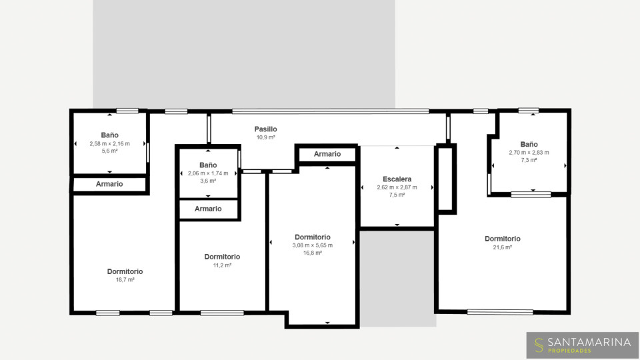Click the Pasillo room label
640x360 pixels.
click(265, 129)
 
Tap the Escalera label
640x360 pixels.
click(397, 179)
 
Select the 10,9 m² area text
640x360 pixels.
click(265, 137)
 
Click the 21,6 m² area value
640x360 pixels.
click(502, 247)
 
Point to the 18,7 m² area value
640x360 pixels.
click(125, 280)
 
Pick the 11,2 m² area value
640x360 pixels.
click(222, 265)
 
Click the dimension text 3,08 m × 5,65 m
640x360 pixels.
click(312, 245)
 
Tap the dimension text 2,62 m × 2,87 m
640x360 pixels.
click(397, 187)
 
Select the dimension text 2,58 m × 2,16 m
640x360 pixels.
click(109, 144)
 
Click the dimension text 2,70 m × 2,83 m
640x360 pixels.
click(529, 153)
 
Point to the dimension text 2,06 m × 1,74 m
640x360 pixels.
click(208, 173)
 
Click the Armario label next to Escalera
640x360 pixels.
click(327, 154)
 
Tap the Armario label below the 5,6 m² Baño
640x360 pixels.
click(109, 184)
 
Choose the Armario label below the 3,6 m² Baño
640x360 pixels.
click(208, 209)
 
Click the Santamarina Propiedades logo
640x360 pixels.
click(583, 345)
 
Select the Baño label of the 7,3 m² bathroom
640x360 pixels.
click(529, 144)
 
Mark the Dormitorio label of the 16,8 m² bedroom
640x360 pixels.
click(312, 237)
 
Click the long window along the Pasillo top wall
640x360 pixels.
click(331, 111)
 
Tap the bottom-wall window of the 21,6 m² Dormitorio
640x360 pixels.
click(500, 312)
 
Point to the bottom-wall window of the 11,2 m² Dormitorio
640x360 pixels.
click(222, 313)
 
